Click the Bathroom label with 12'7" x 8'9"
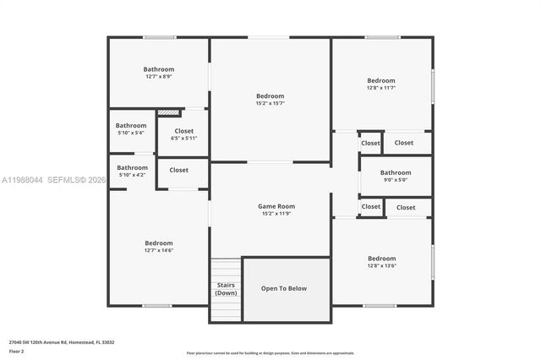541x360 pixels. (x=158, y=69)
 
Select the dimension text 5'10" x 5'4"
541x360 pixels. (x=131, y=133)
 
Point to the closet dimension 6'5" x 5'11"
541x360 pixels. (x=183, y=138)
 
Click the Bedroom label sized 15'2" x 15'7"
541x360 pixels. (x=270, y=96)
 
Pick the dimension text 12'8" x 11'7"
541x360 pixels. (x=380, y=87)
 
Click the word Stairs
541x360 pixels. (x=226, y=285)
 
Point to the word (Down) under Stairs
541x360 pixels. (x=226, y=292)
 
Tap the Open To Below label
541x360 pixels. (x=283, y=288)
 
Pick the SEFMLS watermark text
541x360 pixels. (x=76, y=179)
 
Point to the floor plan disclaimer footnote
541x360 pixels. (x=270, y=352)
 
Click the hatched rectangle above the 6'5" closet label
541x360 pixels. (x=168, y=112)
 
